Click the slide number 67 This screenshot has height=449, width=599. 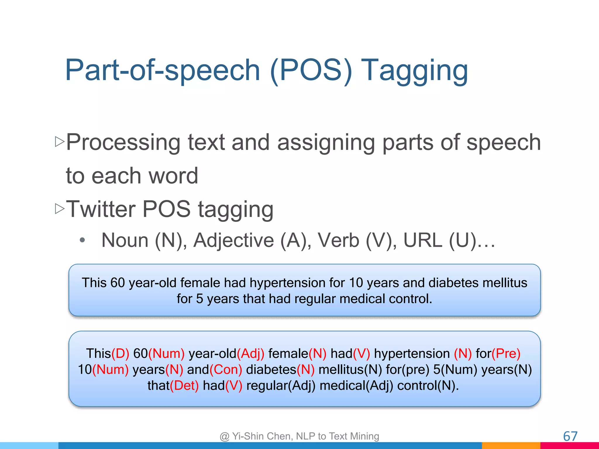coord(570,436)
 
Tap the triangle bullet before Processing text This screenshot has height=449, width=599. coord(60,142)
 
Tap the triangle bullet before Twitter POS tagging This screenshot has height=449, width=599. coord(60,209)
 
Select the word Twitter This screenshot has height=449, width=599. coord(101,209)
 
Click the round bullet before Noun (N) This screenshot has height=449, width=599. coord(82,240)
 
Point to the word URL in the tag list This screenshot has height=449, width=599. coord(423,240)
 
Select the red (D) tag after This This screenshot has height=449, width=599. coord(120,353)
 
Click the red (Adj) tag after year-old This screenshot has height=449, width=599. coord(250,353)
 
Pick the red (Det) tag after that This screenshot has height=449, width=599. coord(185,386)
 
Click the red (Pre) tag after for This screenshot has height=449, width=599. coord(506,353)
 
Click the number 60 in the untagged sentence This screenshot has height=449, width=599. coord(118,283)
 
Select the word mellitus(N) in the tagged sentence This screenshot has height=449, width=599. coord(350,369)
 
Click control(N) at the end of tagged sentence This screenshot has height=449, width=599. coord(427,386)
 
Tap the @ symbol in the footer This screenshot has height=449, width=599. coord(224,436)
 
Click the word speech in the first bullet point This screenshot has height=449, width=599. coord(503,142)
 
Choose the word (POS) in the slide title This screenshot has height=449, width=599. coord(311,71)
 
